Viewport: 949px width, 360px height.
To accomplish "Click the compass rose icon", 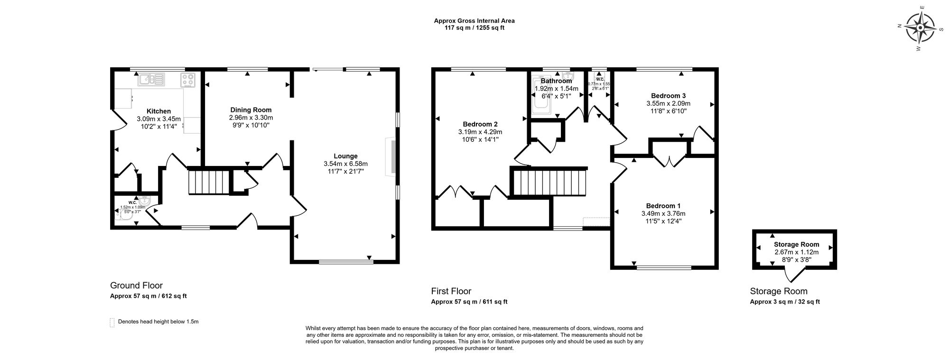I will point(920,28).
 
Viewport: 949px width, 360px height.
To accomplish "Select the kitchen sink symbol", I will point(151,79).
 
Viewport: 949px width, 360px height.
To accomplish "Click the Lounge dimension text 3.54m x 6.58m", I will point(345,164).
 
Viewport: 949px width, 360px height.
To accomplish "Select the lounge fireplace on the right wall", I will point(391,157).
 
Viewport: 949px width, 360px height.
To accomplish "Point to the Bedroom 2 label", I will point(480,124).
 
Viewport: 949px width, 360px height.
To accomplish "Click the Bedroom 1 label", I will point(663,206).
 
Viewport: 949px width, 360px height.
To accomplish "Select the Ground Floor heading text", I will point(136,286).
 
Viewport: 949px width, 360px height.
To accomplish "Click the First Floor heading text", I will point(451,291).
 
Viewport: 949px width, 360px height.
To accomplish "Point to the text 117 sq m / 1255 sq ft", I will point(474,28).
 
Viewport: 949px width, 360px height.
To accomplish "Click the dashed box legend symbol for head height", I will point(112,322).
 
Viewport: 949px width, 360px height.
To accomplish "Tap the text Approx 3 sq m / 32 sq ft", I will point(785,302).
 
